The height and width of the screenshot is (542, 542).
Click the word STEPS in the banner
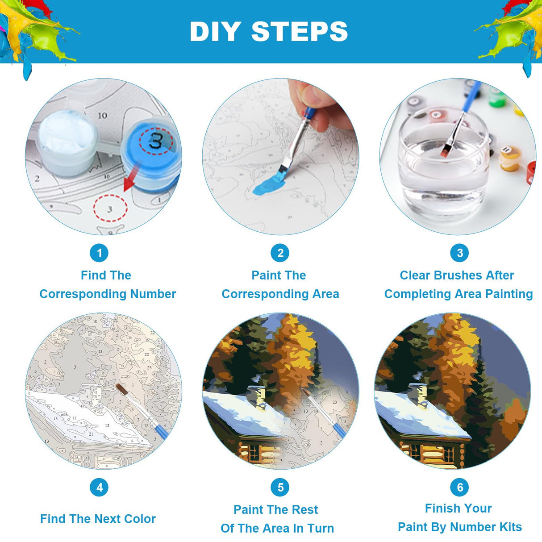[300, 31]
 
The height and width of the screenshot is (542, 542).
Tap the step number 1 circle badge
[99, 253]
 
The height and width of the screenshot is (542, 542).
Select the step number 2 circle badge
[280, 253]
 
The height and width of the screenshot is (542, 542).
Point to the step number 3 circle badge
[459, 253]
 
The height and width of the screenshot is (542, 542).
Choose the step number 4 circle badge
[99, 488]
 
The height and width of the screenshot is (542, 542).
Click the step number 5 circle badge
[280, 488]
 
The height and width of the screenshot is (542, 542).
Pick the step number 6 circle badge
[459, 488]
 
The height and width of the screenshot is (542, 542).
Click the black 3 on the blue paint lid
[155, 141]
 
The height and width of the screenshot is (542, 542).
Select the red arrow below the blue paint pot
[132, 178]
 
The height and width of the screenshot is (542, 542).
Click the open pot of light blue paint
[67, 142]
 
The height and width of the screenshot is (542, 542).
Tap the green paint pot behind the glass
[497, 97]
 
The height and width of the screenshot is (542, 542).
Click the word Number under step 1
[153, 294]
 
